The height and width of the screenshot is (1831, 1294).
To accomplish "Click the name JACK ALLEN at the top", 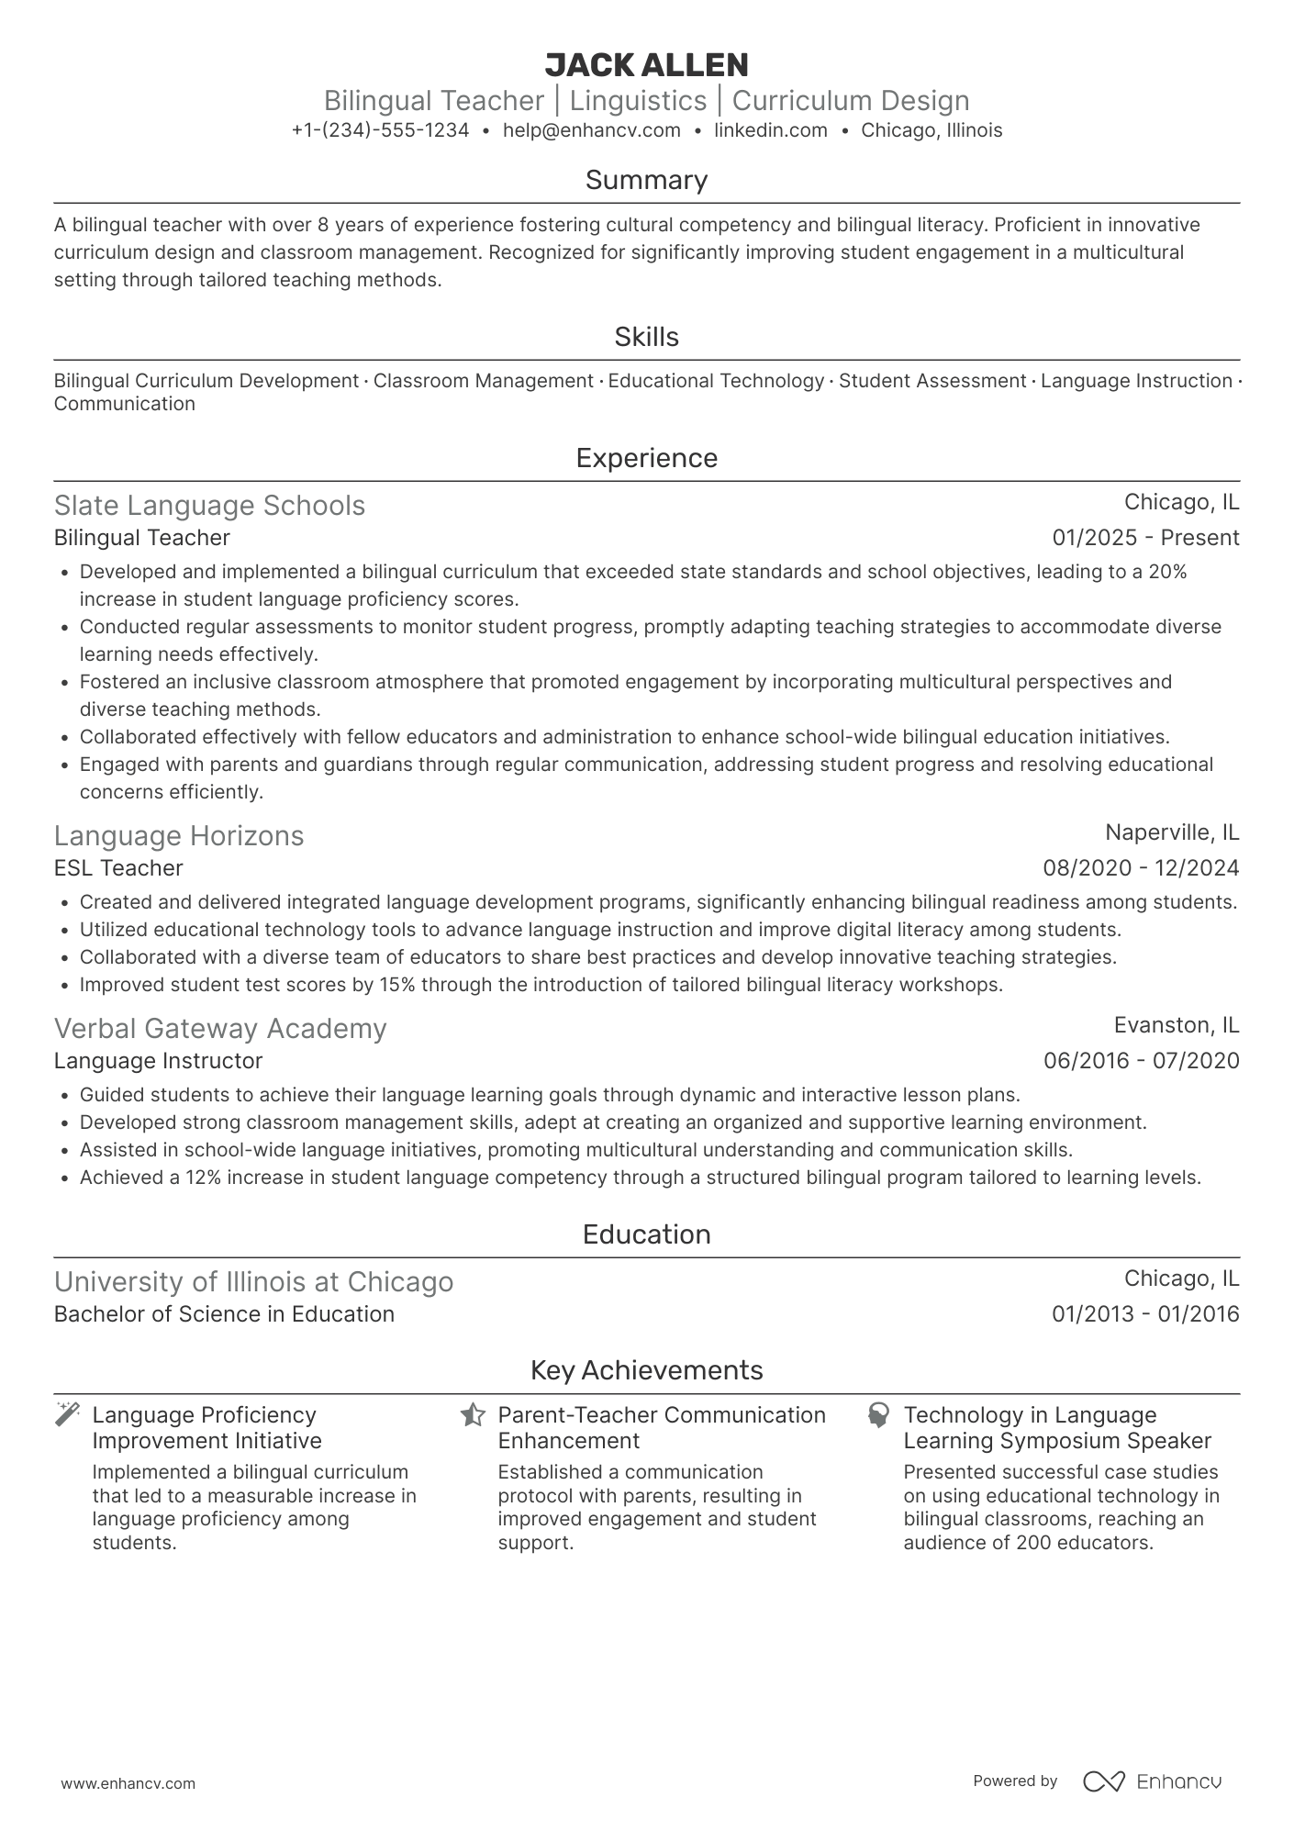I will (x=646, y=65).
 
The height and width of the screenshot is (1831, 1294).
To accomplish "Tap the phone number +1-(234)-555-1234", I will (x=380, y=130).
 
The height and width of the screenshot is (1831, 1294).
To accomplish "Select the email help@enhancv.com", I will (x=591, y=130).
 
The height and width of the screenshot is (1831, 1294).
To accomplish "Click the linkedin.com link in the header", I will (x=770, y=130).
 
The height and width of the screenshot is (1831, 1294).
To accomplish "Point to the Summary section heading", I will (x=646, y=180).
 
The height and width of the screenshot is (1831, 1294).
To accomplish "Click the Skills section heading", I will (x=646, y=337).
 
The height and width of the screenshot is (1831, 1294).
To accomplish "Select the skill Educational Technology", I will (x=716, y=381).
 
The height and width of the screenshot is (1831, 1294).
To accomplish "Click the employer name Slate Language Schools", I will (x=209, y=506).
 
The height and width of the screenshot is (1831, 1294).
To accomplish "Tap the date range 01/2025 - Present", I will (x=1144, y=538).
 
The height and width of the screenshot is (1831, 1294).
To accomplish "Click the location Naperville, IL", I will (x=1171, y=832).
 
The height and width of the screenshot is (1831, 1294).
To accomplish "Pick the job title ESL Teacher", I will (x=118, y=868).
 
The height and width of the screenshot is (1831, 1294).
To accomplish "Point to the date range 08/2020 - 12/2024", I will (x=1140, y=868).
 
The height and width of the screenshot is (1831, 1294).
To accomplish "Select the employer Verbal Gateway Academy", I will (x=220, y=1029).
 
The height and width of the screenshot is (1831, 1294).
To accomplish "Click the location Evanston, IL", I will (x=1176, y=1025).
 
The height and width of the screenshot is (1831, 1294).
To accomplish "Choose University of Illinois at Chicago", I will (x=253, y=1282).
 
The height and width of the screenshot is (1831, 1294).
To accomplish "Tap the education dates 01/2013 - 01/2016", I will (x=1144, y=1314).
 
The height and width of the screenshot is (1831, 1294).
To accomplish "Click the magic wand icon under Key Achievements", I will (x=68, y=1414).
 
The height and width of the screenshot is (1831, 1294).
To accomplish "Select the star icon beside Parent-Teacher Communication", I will (x=473, y=1414).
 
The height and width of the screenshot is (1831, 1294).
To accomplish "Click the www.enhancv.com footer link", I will (x=128, y=1784).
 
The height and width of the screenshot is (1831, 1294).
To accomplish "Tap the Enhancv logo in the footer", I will (x=1152, y=1781).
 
